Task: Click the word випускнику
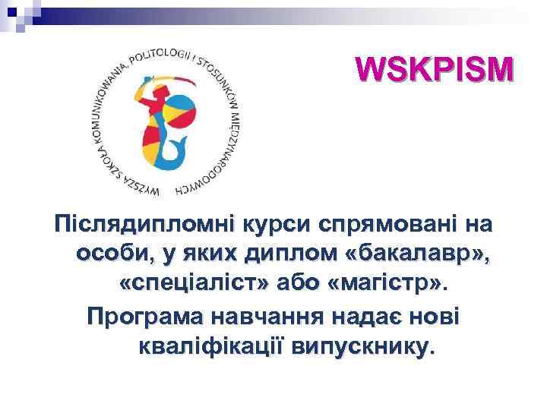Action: (x=369, y=347)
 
